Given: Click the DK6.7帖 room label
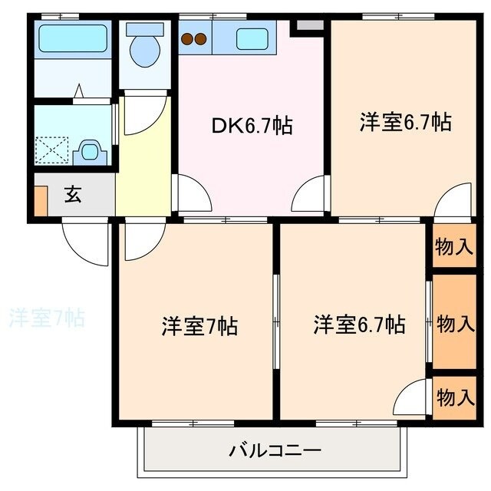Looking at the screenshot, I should tap(252, 126).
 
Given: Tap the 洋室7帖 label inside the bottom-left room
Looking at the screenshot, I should tap(199, 326).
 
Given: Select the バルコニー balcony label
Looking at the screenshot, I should tap(273, 450).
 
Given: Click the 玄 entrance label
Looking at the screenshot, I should tap(73, 195).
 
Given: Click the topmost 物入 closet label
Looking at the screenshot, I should tap(453, 247).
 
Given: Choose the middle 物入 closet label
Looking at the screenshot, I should tap(454, 322).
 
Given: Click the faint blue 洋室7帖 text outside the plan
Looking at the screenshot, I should tap(46, 316).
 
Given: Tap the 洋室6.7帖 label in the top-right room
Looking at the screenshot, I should tap(404, 123).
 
